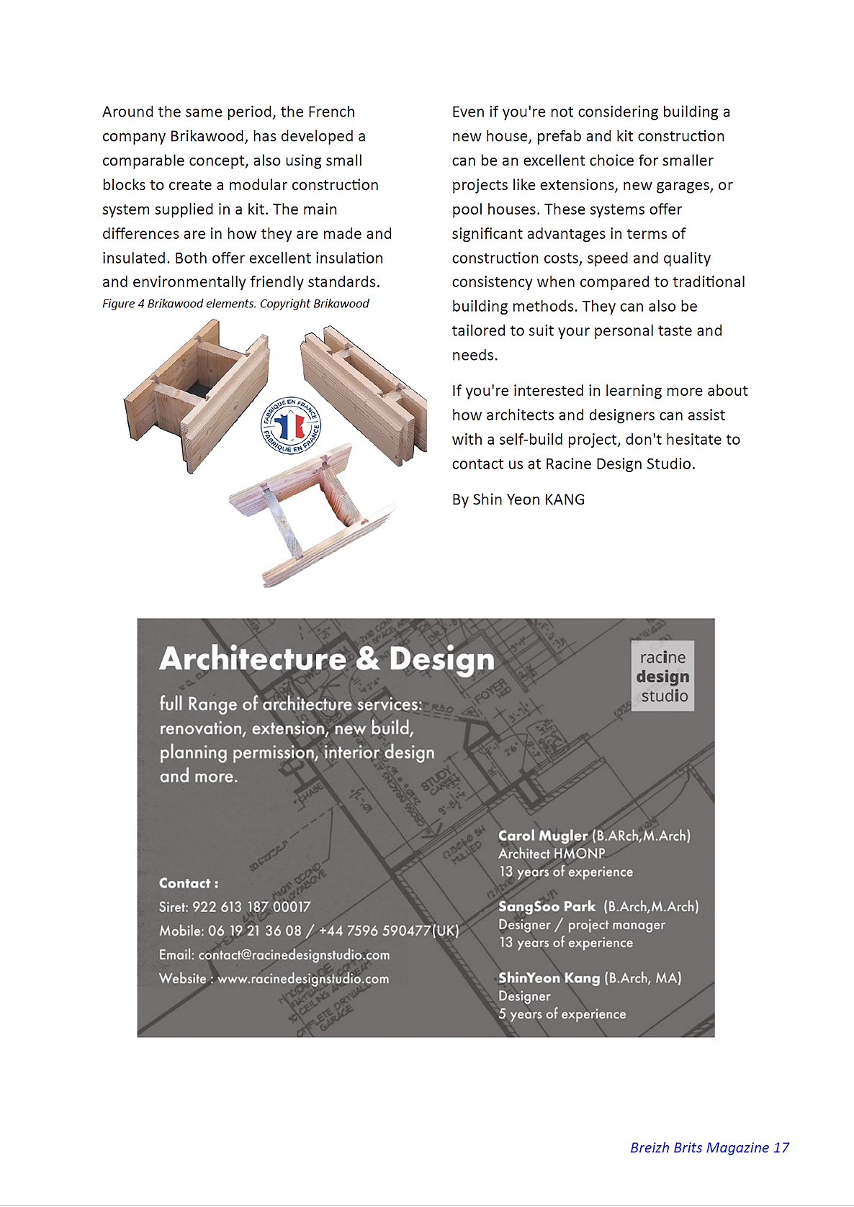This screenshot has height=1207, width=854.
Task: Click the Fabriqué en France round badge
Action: pyautogui.click(x=291, y=425)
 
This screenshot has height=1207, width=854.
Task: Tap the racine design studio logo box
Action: pyautogui.click(x=662, y=676)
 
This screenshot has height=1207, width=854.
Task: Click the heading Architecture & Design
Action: pyautogui.click(x=327, y=659)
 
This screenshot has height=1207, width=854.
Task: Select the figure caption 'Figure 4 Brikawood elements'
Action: pyautogui.click(x=235, y=304)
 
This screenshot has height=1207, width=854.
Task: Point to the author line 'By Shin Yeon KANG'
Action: pyautogui.click(x=518, y=499)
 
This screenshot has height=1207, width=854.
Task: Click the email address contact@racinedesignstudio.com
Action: pyautogui.click(x=294, y=955)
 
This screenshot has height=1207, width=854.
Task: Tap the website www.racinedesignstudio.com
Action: pyautogui.click(x=303, y=979)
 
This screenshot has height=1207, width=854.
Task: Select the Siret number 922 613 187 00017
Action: pyautogui.click(x=251, y=907)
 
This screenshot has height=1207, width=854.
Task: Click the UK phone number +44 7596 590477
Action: pyautogui.click(x=389, y=931)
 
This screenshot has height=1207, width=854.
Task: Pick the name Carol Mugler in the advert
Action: pyautogui.click(x=543, y=836)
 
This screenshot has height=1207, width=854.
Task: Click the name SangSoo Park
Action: pyautogui.click(x=547, y=906)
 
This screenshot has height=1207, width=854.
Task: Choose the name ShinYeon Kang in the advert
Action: pyautogui.click(x=549, y=977)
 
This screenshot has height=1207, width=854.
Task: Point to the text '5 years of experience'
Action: pyautogui.click(x=562, y=1014)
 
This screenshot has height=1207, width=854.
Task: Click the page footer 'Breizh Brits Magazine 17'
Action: pyautogui.click(x=709, y=1147)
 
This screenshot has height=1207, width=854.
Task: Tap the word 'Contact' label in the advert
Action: pyautogui.click(x=185, y=883)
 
